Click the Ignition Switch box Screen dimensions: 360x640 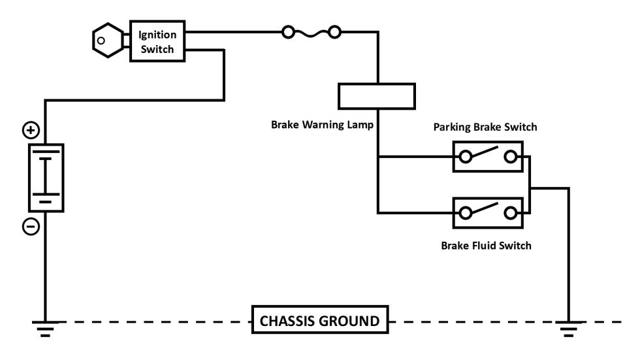pyautogui.click(x=157, y=41)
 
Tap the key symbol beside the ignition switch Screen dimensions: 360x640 pyautogui.click(x=106, y=41)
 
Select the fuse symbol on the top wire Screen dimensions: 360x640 pyautogui.click(x=311, y=31)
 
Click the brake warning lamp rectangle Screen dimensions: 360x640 pyautogui.click(x=377, y=96)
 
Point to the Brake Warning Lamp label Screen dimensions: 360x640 pyautogui.click(x=323, y=124)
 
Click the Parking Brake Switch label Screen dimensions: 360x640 pyautogui.click(x=485, y=127)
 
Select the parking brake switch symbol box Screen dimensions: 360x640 pyautogui.click(x=488, y=157)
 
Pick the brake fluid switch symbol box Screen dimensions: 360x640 pyautogui.click(x=488, y=212)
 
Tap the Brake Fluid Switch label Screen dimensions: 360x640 pyautogui.click(x=486, y=246)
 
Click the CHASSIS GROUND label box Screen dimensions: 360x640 pyautogui.click(x=319, y=321)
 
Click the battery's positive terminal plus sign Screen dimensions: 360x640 pyautogui.click(x=31, y=131)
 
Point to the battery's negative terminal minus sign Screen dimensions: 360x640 pyautogui.click(x=31, y=227)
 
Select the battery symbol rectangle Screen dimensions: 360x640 pyautogui.click(x=46, y=178)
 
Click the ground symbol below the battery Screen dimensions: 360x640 pyautogui.click(x=45, y=328)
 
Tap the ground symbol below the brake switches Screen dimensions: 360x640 pyautogui.click(x=569, y=328)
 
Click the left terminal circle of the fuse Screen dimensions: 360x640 pyautogui.click(x=288, y=31)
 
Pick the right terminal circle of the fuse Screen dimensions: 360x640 pyautogui.click(x=334, y=31)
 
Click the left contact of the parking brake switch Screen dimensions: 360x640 pyautogui.click(x=466, y=157)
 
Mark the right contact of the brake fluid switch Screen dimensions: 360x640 pyautogui.click(x=511, y=212)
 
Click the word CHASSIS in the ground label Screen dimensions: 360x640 pyautogui.click(x=288, y=321)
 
